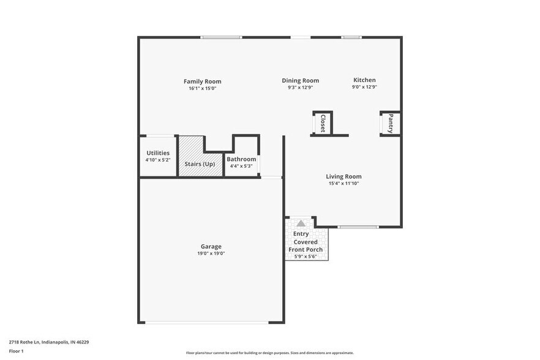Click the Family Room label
(x=202, y=81)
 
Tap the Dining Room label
(x=300, y=80)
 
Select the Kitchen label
(x=364, y=80)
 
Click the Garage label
(x=211, y=247)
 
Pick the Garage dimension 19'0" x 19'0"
(x=211, y=253)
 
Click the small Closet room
(x=322, y=123)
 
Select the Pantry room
(x=391, y=123)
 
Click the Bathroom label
(x=241, y=159)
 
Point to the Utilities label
(x=158, y=153)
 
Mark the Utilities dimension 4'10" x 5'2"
(x=158, y=160)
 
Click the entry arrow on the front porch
(x=301, y=223)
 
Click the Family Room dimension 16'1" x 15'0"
(x=202, y=88)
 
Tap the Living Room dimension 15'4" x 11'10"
(x=343, y=183)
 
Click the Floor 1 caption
(x=16, y=351)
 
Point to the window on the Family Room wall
(x=221, y=37)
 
